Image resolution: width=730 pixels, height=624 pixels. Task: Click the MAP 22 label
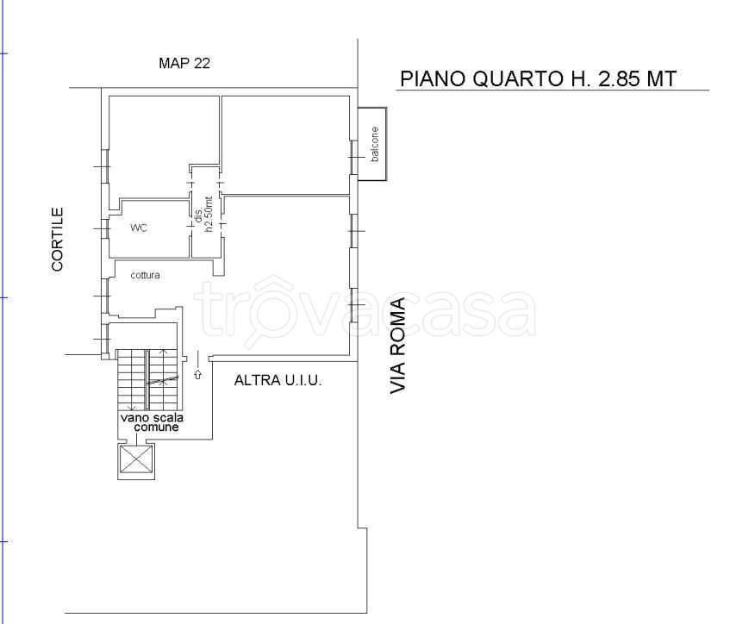coord(184,63)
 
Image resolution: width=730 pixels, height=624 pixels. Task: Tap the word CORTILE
coord(57,240)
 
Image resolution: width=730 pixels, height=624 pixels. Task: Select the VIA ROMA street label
coord(398,346)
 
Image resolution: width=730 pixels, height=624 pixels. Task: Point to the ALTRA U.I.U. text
coord(278,380)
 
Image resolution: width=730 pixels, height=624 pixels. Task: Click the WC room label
coord(139,228)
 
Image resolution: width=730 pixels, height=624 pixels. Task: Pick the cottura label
coord(146,275)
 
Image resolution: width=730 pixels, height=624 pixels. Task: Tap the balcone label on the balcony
coord(375,144)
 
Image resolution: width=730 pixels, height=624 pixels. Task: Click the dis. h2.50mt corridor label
coord(203,215)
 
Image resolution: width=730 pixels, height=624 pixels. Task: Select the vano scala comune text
coord(153,422)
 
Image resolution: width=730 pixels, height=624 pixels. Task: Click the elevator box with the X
coord(136,459)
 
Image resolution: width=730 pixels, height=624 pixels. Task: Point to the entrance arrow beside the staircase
coord(198,374)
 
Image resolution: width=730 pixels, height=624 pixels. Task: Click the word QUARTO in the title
coord(519,78)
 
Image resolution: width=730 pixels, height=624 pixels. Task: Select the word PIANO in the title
coord(433,78)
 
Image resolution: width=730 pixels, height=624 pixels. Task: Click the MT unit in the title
coord(661,78)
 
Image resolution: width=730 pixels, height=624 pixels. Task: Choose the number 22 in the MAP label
coord(202,63)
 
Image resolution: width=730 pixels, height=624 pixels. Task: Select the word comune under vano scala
coord(157,427)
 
